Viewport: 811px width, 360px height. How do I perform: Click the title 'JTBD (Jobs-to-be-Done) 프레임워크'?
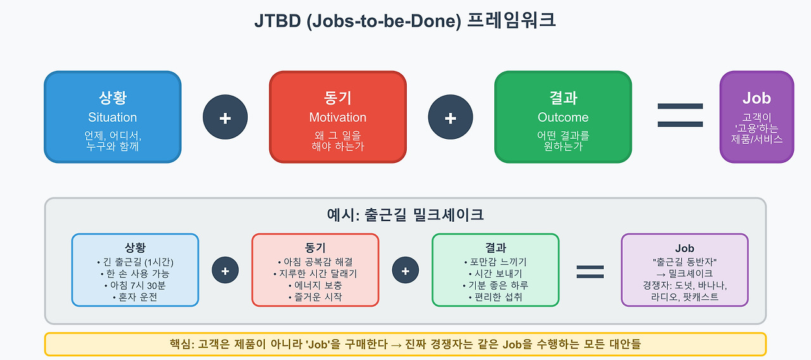pos(405,21)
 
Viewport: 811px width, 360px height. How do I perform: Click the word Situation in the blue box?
pos(112,117)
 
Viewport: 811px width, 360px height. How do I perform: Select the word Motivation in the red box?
pos(338,117)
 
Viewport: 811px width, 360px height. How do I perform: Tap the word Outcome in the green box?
pos(563,117)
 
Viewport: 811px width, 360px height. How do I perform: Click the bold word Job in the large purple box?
pos(757,98)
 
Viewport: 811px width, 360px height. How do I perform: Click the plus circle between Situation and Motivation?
pos(225,118)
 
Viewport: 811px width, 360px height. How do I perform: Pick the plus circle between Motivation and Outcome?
pos(450,118)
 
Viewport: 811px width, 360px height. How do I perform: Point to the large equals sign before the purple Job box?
pos(680,116)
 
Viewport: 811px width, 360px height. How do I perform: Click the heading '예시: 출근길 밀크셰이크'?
pos(405,215)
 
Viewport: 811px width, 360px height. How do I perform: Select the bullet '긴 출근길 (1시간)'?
pos(135,262)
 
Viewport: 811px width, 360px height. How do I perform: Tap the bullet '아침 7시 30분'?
pos(135,285)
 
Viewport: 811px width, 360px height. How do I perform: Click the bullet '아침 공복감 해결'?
pos(315,262)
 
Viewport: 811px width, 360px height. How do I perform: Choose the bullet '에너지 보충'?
pos(315,285)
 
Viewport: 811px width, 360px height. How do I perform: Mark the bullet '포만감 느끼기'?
pos(495,262)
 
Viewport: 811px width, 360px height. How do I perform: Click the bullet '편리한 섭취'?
pos(495,297)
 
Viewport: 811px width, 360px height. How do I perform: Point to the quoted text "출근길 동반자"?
pos(684,261)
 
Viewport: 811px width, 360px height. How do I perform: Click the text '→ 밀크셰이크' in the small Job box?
pos(684,273)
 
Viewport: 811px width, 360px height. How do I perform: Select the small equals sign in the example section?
pos(589,271)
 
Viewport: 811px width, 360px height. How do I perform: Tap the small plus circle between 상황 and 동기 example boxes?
pos(225,271)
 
